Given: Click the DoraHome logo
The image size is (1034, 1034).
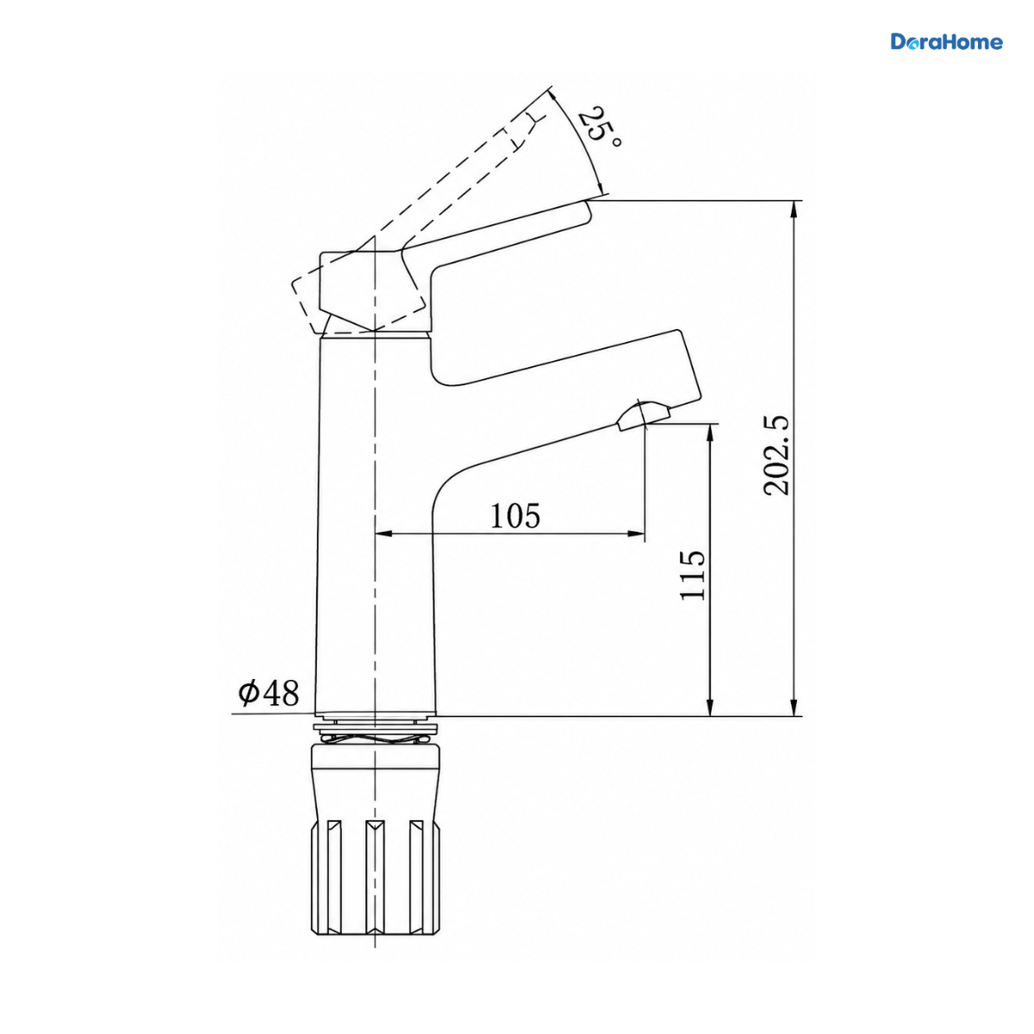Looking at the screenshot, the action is pos(946,42).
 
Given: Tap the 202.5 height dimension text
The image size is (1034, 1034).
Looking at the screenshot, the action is pos(776,454).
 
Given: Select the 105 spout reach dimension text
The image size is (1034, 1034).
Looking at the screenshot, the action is pos(515,515).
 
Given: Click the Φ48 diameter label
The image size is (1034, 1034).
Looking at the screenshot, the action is pos(268,693).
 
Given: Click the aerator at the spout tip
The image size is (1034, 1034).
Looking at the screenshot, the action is pos(644,416).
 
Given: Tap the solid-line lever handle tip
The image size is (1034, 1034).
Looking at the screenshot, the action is pos(589,210).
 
